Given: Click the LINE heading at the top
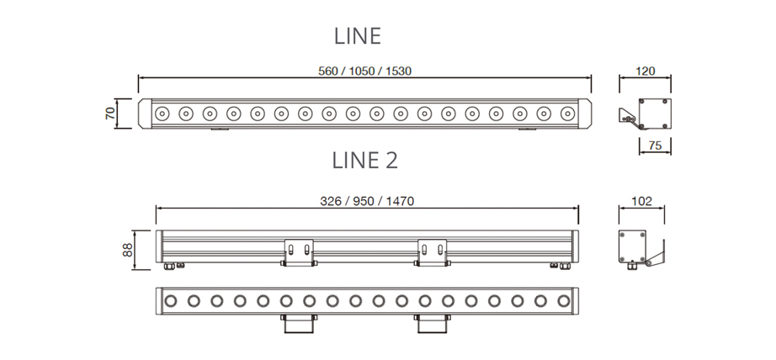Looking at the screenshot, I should [358, 36].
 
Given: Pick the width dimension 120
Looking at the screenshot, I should [646, 71].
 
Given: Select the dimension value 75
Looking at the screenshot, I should [655, 146].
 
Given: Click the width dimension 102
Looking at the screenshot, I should [641, 201].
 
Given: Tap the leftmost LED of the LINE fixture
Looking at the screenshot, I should [162, 113].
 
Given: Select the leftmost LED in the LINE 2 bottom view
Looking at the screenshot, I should [171, 300].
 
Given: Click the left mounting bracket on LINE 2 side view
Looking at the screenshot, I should [299, 251].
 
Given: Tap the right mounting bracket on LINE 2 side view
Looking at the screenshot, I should [432, 251].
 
